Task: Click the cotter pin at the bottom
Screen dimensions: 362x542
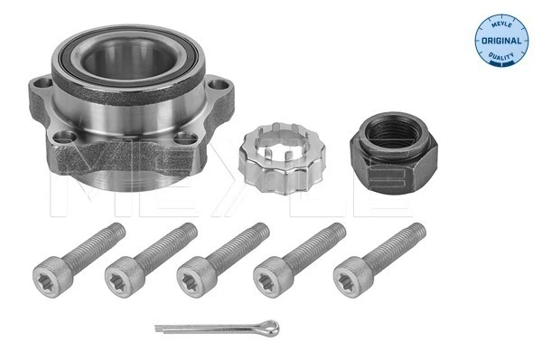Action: click(217, 327)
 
